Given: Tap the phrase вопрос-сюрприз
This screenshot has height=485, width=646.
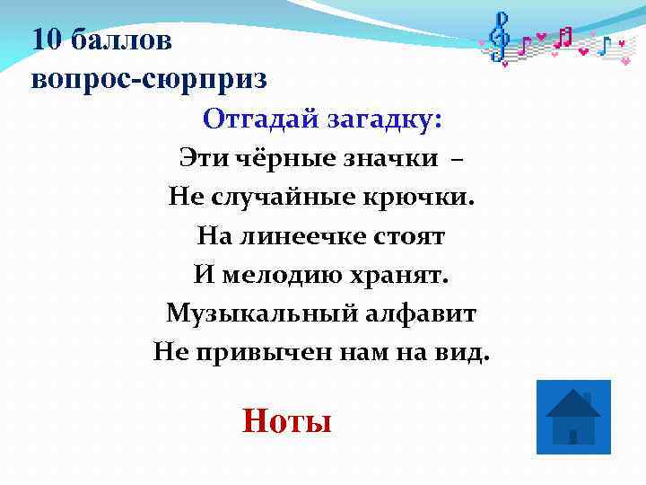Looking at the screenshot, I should (149, 79).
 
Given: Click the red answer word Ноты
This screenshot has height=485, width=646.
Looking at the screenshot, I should (287, 419).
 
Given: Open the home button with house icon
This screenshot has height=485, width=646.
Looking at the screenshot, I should (572, 416).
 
